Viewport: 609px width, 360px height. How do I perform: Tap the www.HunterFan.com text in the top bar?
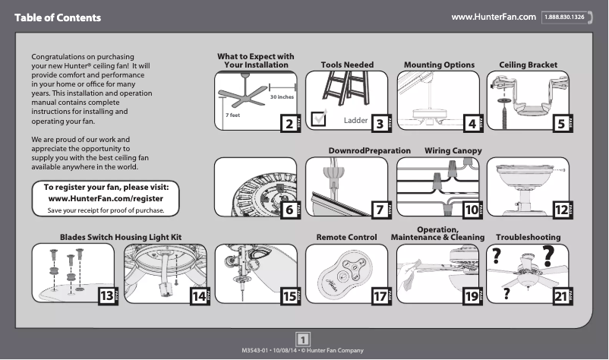coord(494,17)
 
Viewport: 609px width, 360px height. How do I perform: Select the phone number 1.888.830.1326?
coord(567,17)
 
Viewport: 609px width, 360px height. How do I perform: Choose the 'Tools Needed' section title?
coord(347,65)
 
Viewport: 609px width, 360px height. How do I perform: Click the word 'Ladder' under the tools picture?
coord(355,121)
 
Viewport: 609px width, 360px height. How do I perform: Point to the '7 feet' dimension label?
coord(232,115)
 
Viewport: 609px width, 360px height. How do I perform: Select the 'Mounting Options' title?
coord(439,65)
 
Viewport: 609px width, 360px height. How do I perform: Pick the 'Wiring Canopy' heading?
coord(453,151)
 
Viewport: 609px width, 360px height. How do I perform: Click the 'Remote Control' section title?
coord(346,238)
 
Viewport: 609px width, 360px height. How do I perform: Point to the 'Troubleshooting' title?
coord(528,238)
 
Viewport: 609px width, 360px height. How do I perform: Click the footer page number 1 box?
coord(303,339)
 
